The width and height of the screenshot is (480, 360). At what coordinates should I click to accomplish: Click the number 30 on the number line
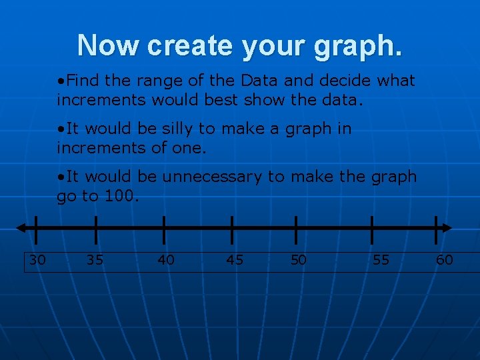tap(38, 260)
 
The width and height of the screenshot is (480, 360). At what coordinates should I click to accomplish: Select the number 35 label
tap(95, 260)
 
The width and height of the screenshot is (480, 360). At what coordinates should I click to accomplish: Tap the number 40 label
tap(165, 260)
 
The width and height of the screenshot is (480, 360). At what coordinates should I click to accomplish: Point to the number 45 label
tap(235, 260)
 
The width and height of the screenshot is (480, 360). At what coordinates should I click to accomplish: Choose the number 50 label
tap(299, 260)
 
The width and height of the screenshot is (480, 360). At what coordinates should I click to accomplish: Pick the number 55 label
tap(381, 260)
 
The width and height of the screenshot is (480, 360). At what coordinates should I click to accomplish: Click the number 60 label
tap(444, 260)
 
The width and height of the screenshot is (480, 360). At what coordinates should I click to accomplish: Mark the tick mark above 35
tap(95, 228)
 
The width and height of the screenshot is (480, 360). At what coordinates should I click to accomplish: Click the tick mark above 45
tap(231, 228)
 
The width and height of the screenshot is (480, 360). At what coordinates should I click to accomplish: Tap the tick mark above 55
tap(372, 228)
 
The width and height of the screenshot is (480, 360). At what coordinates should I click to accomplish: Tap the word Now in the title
tap(109, 45)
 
